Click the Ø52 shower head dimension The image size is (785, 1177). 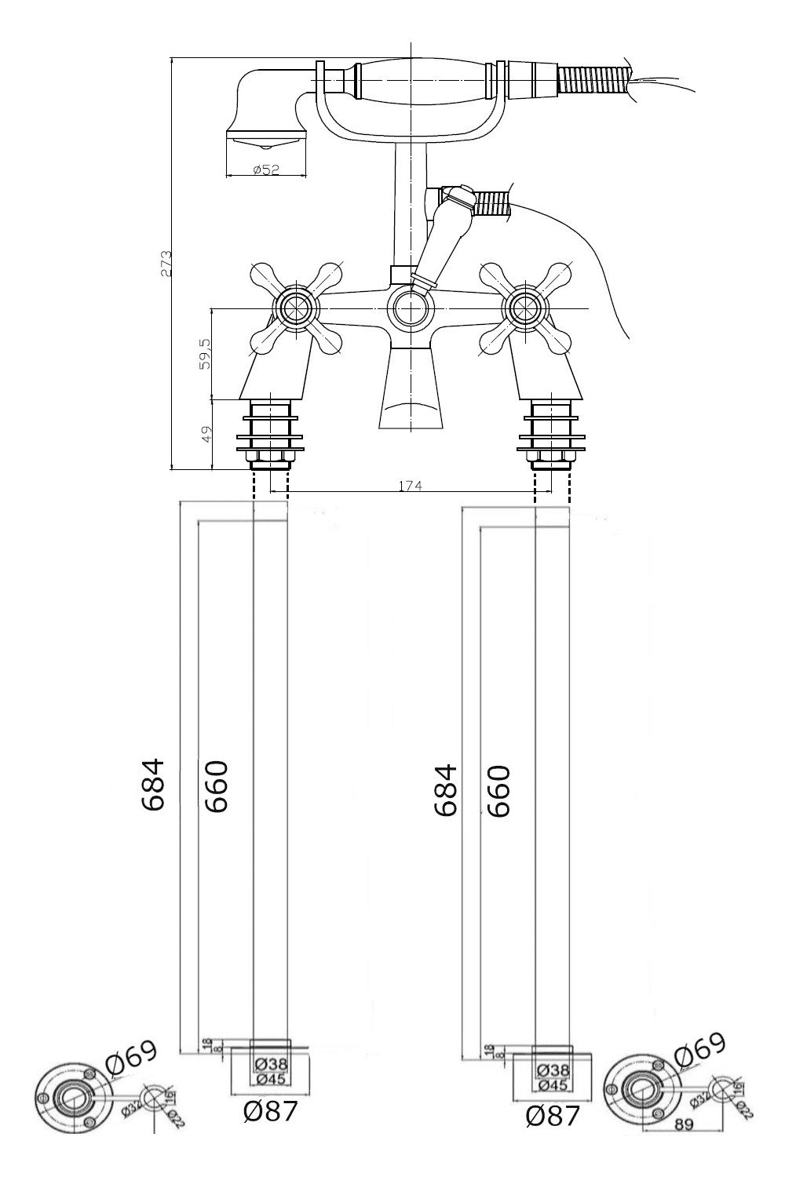(x=266, y=169)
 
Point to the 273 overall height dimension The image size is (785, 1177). (x=166, y=264)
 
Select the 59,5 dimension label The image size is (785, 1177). (x=205, y=355)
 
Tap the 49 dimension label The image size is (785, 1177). (x=206, y=435)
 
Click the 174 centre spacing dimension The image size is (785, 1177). (x=410, y=486)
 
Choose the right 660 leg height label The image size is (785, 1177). (x=498, y=792)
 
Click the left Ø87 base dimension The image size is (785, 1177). (x=270, y=1110)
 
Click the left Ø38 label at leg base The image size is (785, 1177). (x=271, y=1064)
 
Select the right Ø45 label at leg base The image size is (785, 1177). (x=553, y=1084)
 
